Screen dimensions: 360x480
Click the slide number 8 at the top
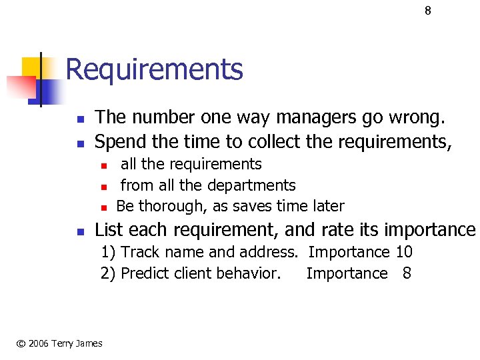428,11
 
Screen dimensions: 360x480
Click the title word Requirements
154,69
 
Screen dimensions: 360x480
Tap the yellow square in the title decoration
33,67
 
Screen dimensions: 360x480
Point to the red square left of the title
20,87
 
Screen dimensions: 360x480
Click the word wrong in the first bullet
414,118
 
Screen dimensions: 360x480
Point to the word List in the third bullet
109,230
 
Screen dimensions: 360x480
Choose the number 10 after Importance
404,252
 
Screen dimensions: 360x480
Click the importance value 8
407,273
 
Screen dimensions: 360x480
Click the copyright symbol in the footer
21,343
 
